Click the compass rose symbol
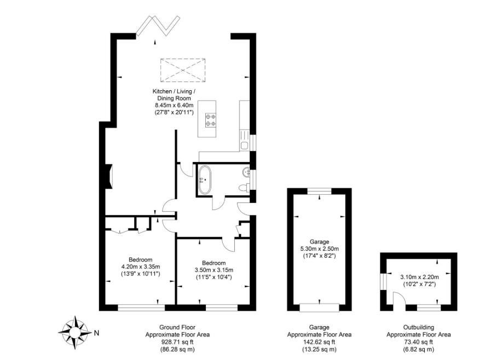tap(74, 330)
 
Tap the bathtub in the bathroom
tap(205, 179)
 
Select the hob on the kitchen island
tap(210, 120)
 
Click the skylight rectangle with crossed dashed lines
tap(182, 69)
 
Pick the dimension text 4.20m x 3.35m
tap(140, 266)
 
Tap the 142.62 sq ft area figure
tap(319, 341)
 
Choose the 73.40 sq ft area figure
tap(419, 341)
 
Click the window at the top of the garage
tap(319, 191)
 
